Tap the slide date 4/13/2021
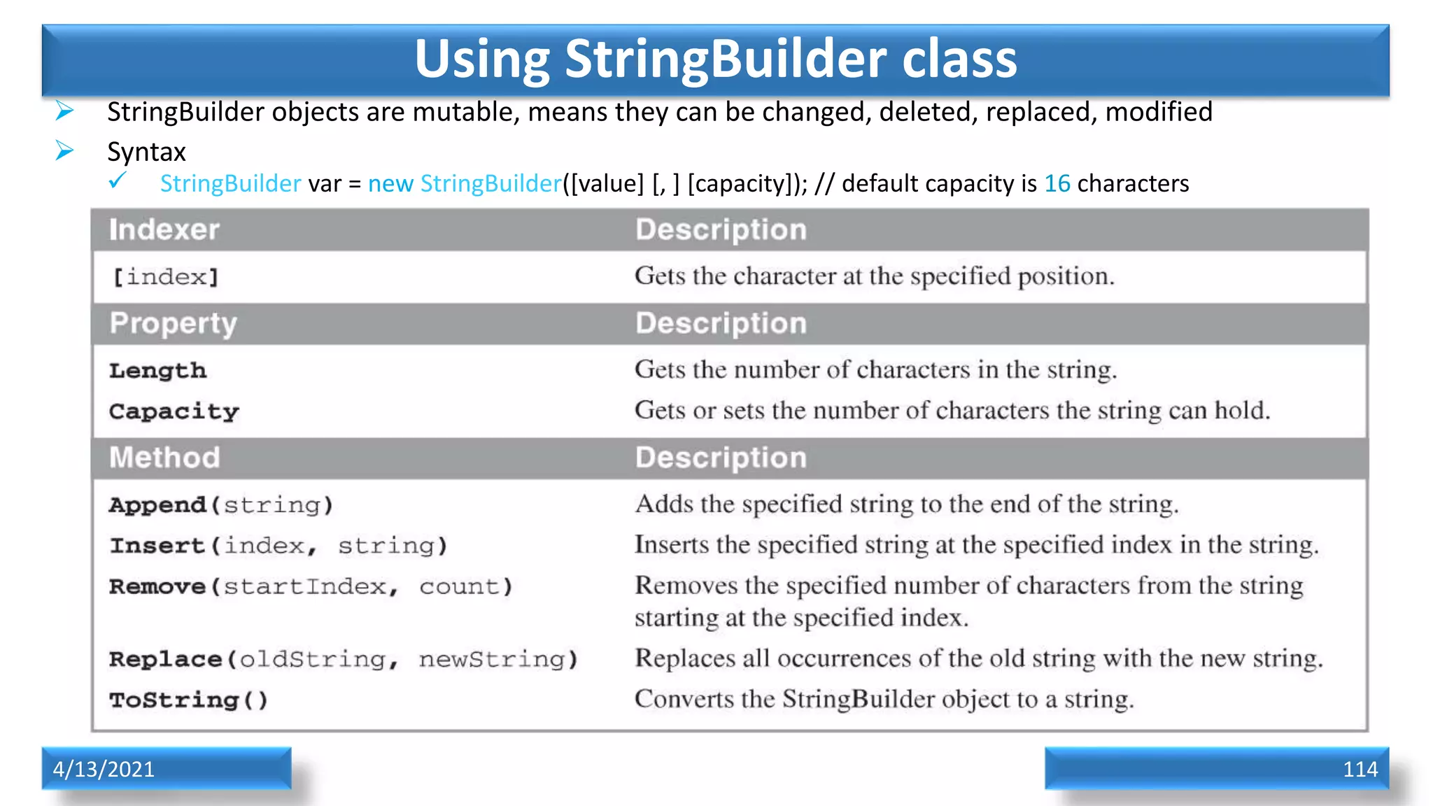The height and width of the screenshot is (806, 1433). (x=104, y=769)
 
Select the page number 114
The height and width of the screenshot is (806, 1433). (x=1360, y=769)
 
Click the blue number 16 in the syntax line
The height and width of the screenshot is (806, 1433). (x=1057, y=183)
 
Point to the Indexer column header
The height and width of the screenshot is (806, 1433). (x=164, y=230)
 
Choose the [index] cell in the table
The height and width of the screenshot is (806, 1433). (x=166, y=277)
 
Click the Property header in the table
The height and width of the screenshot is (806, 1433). (x=174, y=323)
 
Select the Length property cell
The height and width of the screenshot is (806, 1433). (x=158, y=370)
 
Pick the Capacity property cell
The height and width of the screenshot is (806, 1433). (x=174, y=411)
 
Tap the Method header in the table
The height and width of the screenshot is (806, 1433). (x=164, y=458)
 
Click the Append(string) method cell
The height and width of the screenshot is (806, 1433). (x=221, y=504)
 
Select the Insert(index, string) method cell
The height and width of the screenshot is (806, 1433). (x=278, y=546)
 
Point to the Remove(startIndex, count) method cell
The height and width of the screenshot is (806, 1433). (x=311, y=586)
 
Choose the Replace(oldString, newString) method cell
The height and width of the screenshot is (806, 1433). (x=344, y=659)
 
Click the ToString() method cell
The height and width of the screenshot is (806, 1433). (x=189, y=700)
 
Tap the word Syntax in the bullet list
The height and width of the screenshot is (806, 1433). (x=146, y=152)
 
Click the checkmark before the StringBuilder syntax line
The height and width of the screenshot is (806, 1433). (x=118, y=181)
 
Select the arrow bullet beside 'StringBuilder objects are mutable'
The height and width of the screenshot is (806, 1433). (x=64, y=111)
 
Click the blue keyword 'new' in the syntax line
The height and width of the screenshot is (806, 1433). (x=390, y=183)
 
